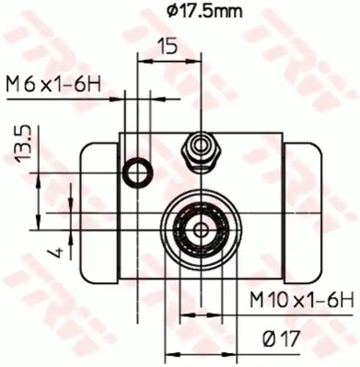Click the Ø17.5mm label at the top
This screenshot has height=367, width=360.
click(x=204, y=10)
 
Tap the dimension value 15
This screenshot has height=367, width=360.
click(x=168, y=46)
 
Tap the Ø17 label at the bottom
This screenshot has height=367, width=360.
click(x=280, y=338)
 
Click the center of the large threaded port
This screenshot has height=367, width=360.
click(x=200, y=229)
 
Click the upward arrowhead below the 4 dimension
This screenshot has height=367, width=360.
click(x=71, y=235)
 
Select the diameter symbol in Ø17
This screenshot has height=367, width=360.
click(x=269, y=338)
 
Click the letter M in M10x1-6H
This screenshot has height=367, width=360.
click(x=257, y=300)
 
